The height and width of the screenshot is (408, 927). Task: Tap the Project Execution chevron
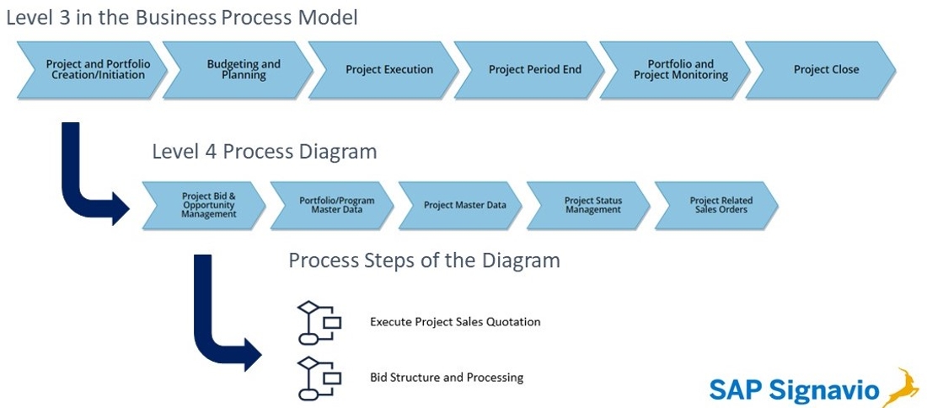tap(383, 70)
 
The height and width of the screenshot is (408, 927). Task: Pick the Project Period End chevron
tap(529, 70)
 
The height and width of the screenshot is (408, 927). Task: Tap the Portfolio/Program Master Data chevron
tap(333, 205)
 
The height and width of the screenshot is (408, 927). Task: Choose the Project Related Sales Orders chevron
tap(717, 205)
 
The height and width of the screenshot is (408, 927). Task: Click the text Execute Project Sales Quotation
tap(455, 322)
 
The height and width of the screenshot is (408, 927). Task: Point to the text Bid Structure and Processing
tap(447, 378)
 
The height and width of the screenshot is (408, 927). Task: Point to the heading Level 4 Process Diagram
tap(265, 152)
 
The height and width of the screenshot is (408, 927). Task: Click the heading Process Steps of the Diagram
tap(424, 260)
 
